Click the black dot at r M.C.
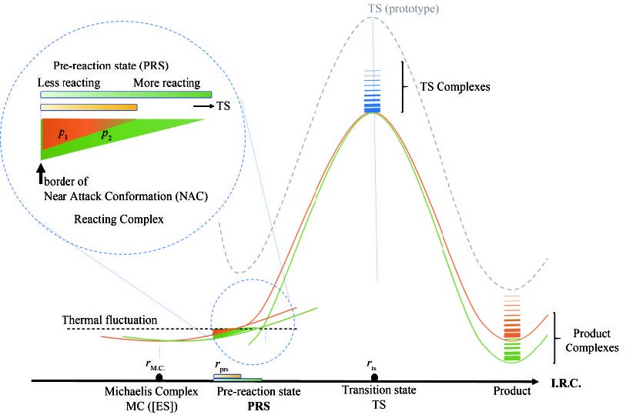coord(159,377)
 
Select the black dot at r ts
coord(373,377)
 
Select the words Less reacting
coord(71,83)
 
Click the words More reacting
coord(166,83)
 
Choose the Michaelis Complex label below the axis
coord(152,392)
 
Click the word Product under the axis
coord(512,391)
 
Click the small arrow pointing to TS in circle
coord(203,109)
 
